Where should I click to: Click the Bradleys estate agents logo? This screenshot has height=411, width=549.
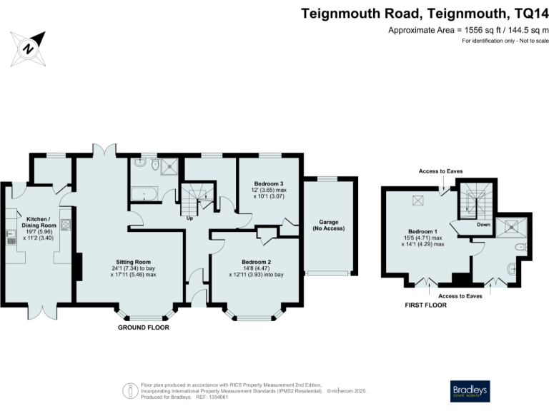pos(470,390)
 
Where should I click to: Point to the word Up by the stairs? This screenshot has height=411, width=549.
pos(189,218)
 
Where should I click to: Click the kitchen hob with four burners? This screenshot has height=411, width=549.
pos(65,225)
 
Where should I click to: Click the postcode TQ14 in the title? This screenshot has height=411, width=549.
pos(530,12)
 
